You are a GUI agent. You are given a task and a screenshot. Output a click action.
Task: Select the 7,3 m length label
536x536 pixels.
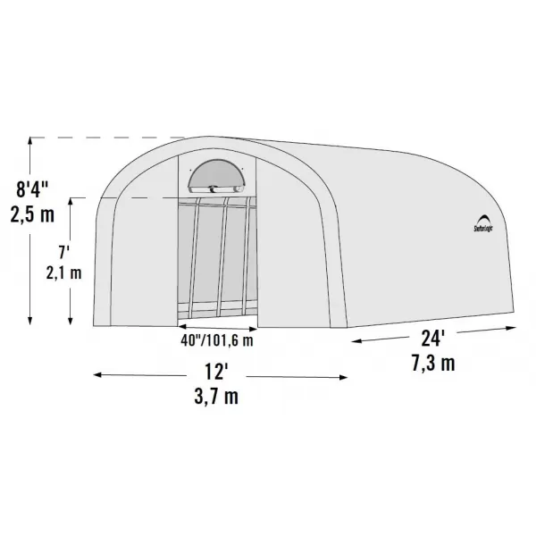[x=435, y=364]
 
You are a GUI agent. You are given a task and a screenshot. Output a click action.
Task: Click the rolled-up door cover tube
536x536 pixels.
[x=217, y=188]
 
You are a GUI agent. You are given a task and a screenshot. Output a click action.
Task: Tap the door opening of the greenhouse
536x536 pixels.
[x=217, y=259]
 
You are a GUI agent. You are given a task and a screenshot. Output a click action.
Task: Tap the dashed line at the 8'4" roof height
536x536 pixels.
[x=107, y=138]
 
